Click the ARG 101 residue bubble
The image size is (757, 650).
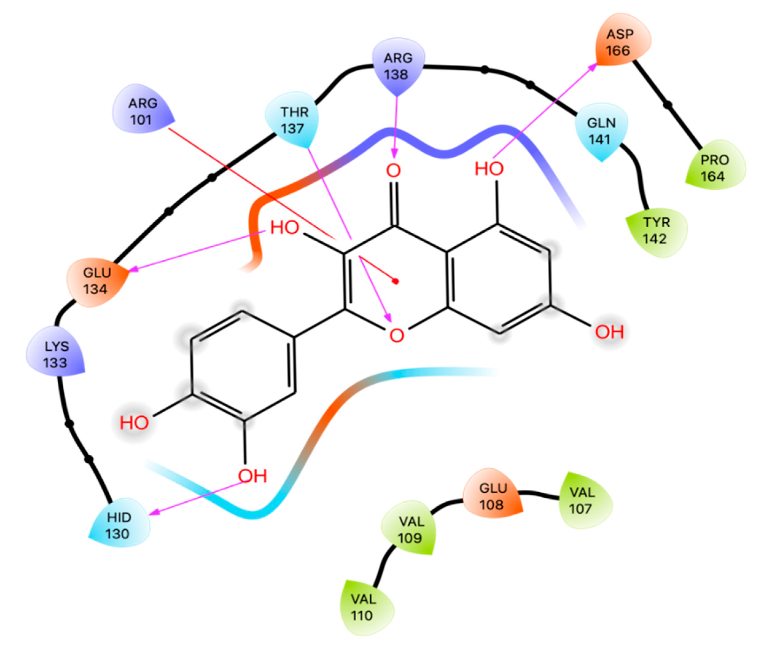142,111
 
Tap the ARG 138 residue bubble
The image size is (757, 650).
398,66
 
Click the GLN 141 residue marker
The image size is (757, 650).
601,131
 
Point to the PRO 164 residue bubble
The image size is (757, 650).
714,168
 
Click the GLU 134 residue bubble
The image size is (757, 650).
96,281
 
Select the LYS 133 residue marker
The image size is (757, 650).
56,354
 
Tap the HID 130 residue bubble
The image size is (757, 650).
119,525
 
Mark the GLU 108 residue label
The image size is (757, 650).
492,496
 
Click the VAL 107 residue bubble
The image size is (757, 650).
582,500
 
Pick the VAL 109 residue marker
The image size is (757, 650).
411,529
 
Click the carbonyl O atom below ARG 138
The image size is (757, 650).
394,170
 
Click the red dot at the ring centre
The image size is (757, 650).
395,281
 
